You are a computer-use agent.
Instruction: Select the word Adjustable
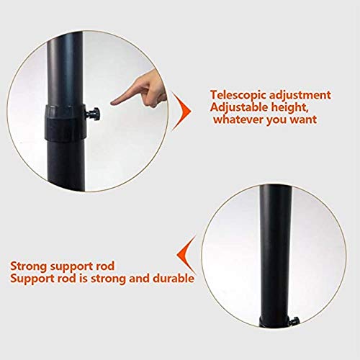[x=240, y=107]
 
